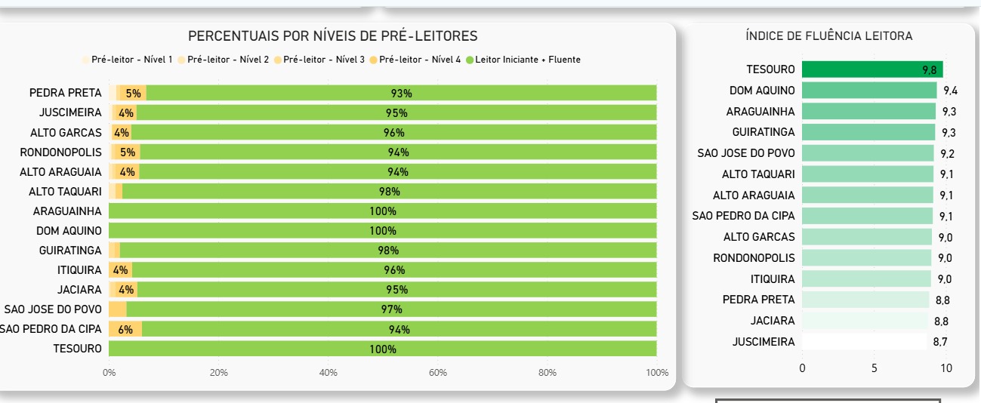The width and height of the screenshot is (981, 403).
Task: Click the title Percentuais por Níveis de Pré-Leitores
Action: (x=332, y=36)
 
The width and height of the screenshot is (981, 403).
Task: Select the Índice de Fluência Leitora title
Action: (x=828, y=36)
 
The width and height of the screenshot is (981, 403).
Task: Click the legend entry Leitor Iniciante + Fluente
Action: (x=527, y=60)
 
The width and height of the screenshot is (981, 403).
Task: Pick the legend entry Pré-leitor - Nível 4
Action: (x=419, y=60)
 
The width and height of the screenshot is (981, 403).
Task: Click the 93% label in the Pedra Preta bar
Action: (x=401, y=94)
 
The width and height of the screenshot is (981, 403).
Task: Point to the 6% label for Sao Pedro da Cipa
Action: (x=125, y=330)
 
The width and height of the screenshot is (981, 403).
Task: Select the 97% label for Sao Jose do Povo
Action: (x=391, y=309)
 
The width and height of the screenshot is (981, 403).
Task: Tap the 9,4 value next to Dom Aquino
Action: (x=950, y=91)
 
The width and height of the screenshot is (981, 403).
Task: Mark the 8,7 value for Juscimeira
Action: (x=940, y=342)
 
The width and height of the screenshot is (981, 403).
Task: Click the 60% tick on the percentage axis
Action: (x=438, y=373)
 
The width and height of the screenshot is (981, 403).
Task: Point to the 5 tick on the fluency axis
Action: (x=875, y=368)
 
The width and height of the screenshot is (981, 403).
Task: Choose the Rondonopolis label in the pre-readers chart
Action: (x=60, y=152)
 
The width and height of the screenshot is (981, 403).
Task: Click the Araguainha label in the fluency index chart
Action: (x=760, y=112)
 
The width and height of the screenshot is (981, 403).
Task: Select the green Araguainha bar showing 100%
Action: (x=382, y=211)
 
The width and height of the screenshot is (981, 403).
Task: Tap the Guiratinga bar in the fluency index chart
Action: (x=868, y=132)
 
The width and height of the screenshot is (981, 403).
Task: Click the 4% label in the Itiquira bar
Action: (x=120, y=270)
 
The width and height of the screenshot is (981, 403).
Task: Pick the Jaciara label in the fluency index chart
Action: (x=773, y=321)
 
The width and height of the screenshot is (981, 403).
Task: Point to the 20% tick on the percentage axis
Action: (x=219, y=373)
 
